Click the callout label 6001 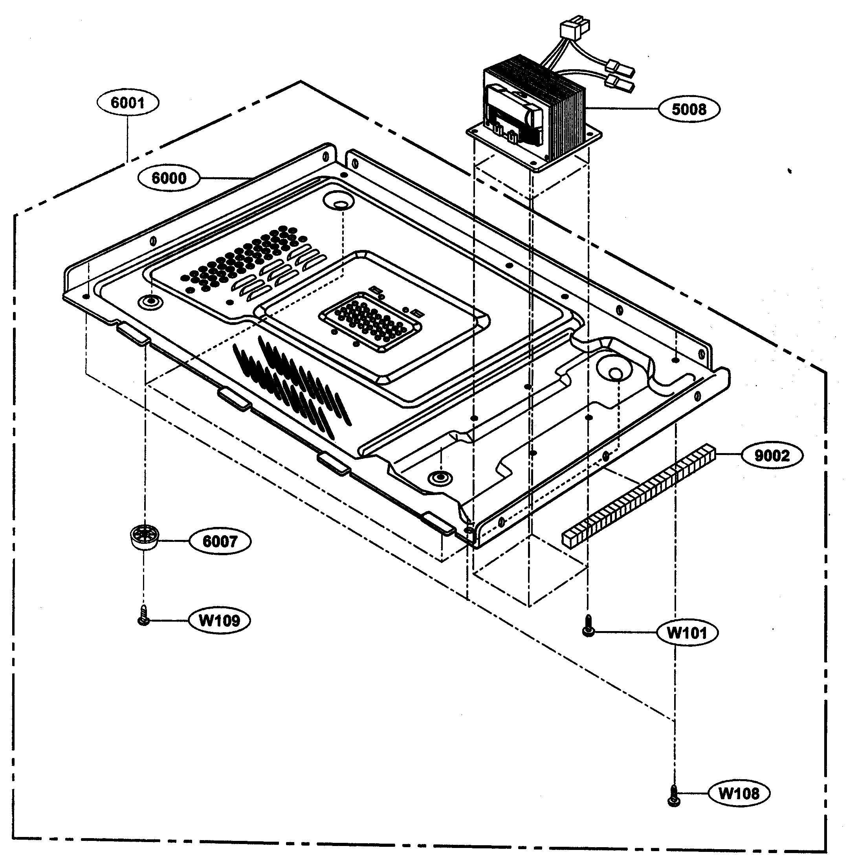tap(127, 103)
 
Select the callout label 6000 tap(169, 178)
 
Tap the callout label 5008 tap(689, 109)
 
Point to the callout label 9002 tap(772, 455)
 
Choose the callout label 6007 tap(220, 541)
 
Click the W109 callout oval tap(219, 620)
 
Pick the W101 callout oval tap(687, 632)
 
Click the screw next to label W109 tap(143, 616)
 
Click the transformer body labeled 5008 tap(534, 111)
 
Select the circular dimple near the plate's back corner tap(340, 202)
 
